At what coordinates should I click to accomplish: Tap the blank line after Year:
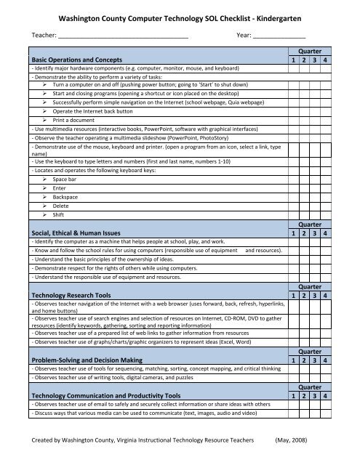click(x=279, y=35)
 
